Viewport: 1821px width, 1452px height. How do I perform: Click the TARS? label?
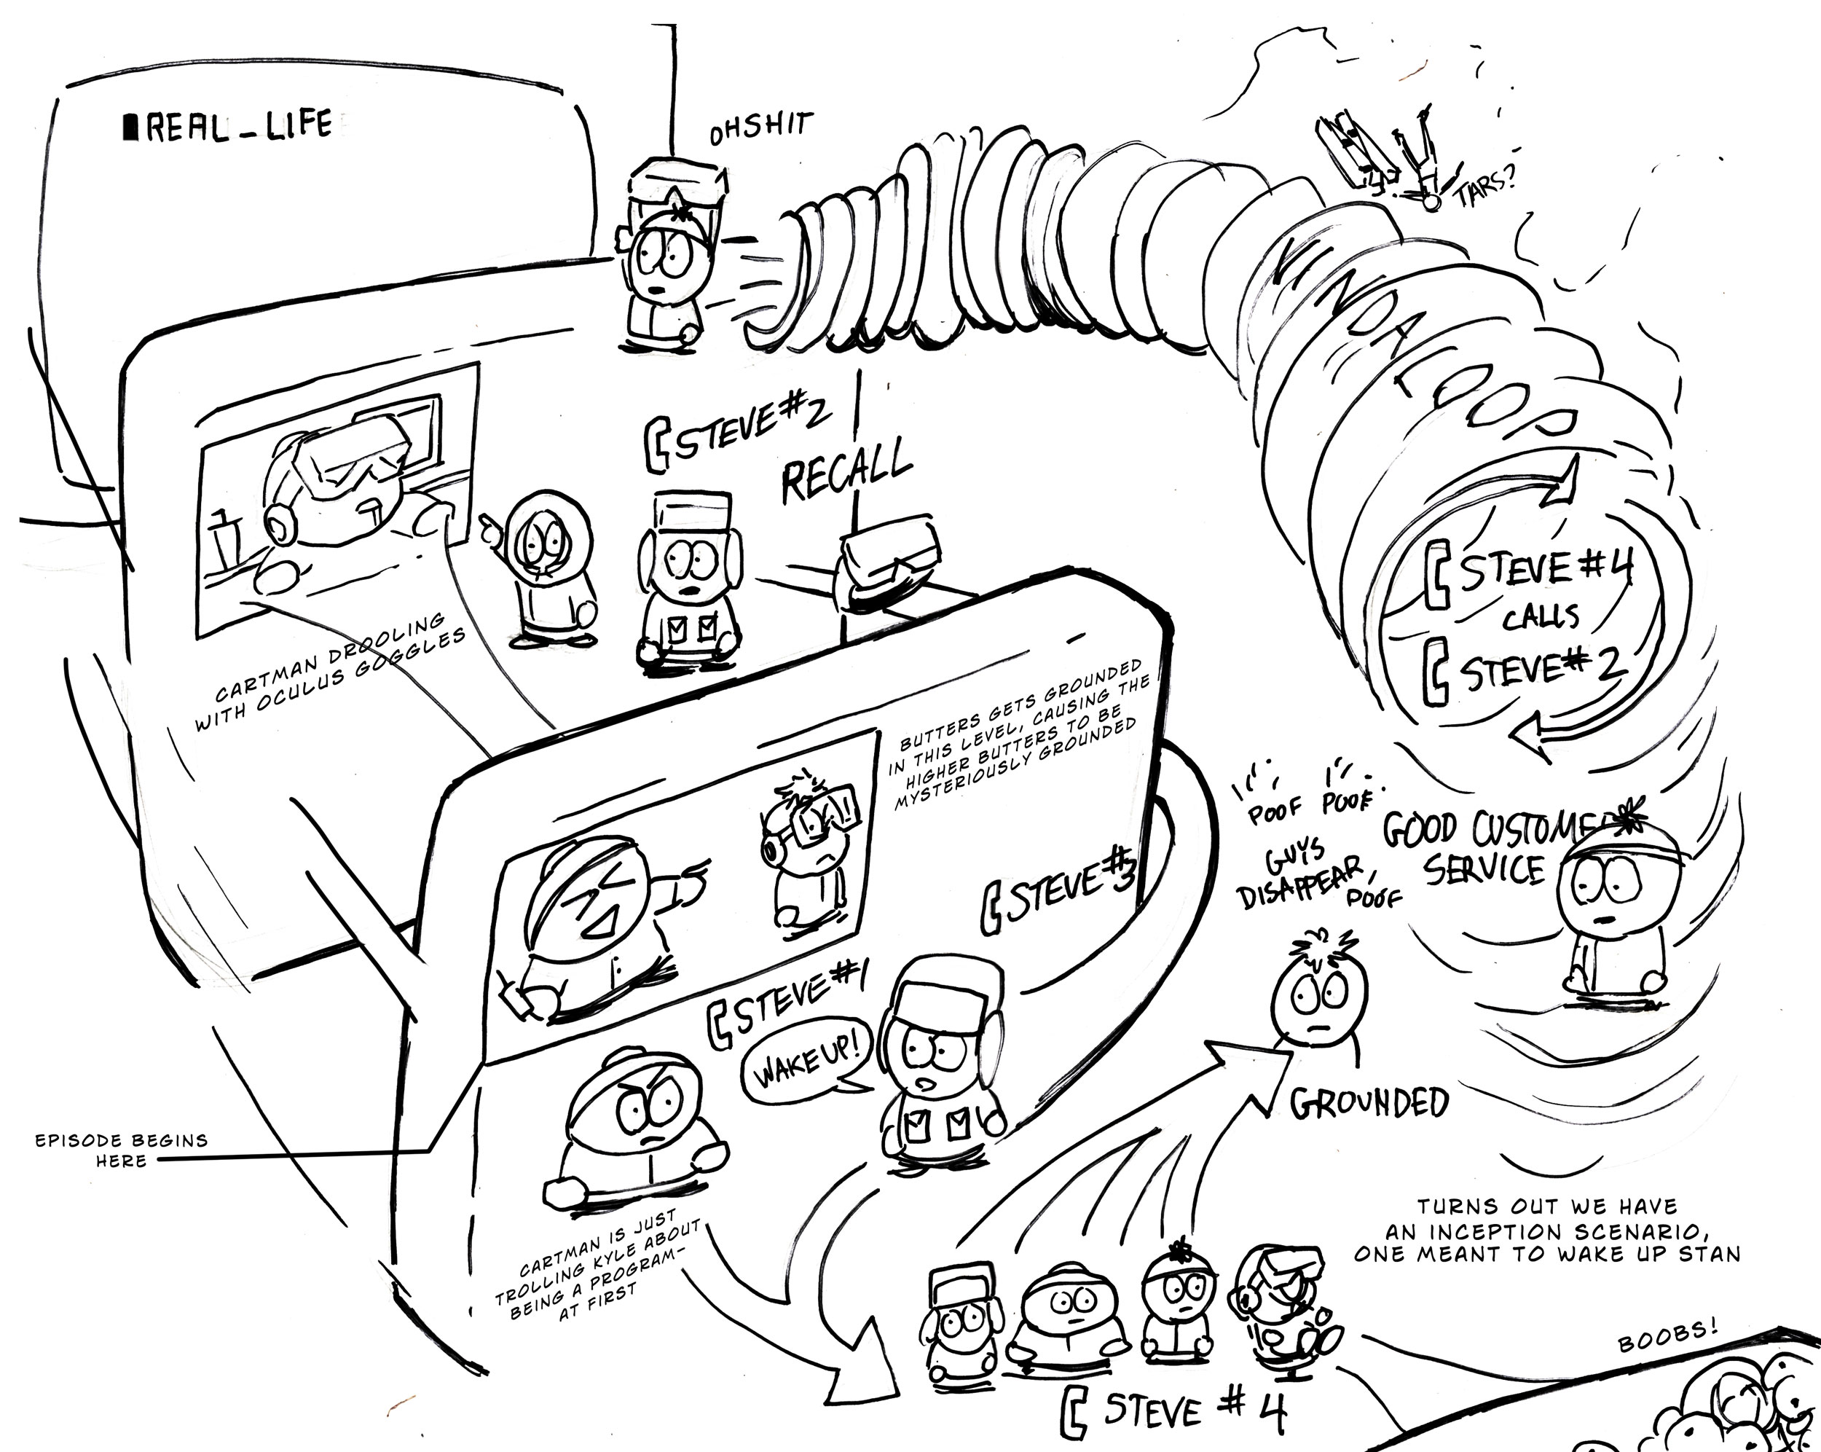(x=1484, y=189)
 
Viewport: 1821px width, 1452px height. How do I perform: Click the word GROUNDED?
(x=1368, y=1102)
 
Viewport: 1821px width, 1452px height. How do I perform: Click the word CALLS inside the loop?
(x=1540, y=616)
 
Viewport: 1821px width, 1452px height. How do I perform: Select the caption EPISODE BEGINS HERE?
(x=121, y=1150)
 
